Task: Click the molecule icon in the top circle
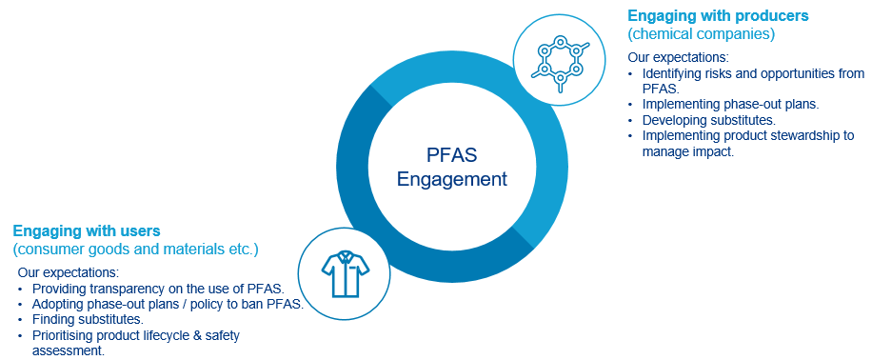tap(560, 60)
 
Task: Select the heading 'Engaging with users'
tap(86, 230)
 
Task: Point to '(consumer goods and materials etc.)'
tap(135, 250)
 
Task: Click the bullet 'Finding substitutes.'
tap(88, 319)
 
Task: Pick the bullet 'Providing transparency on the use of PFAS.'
tap(165, 289)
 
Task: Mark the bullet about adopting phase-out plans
tap(168, 304)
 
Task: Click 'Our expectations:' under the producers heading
tap(678, 57)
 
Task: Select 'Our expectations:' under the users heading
tap(68, 273)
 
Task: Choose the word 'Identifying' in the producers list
tap(674, 73)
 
